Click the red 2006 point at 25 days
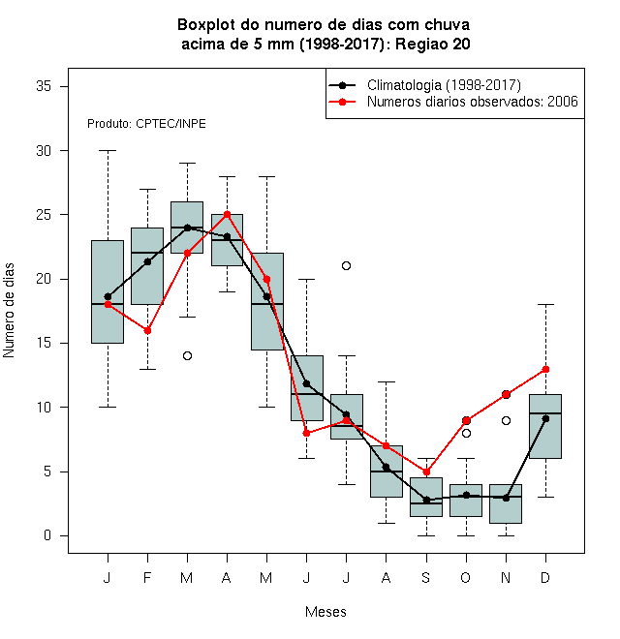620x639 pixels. click(228, 214)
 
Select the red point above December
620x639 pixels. click(545, 369)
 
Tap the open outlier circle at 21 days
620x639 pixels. click(346, 265)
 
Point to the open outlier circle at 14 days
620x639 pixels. click(187, 355)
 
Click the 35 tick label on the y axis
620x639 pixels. click(44, 86)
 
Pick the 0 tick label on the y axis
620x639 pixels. click(47, 535)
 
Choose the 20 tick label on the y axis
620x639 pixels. click(44, 279)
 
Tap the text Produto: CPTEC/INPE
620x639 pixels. click(146, 124)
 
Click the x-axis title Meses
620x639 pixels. click(325, 611)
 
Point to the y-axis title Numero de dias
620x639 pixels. click(9, 311)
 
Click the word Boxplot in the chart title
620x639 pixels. click(206, 25)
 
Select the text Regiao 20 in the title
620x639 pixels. click(433, 44)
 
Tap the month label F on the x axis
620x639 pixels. click(147, 577)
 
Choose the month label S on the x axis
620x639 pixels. click(426, 577)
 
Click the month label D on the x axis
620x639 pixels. click(545, 577)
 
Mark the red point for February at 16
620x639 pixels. click(147, 331)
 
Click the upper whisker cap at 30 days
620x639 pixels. click(108, 150)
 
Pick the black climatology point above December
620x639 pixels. click(545, 418)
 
